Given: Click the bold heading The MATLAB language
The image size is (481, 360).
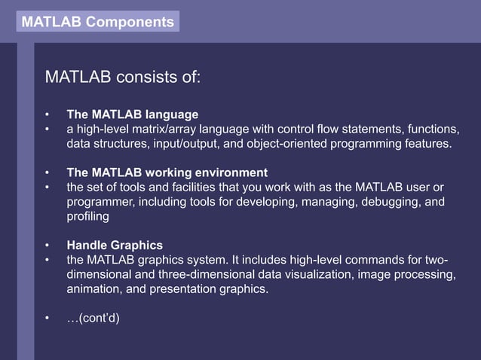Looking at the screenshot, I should (x=133, y=114).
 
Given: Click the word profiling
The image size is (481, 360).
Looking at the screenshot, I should (x=87, y=215).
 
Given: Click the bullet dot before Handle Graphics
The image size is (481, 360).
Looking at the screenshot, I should (x=47, y=245).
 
